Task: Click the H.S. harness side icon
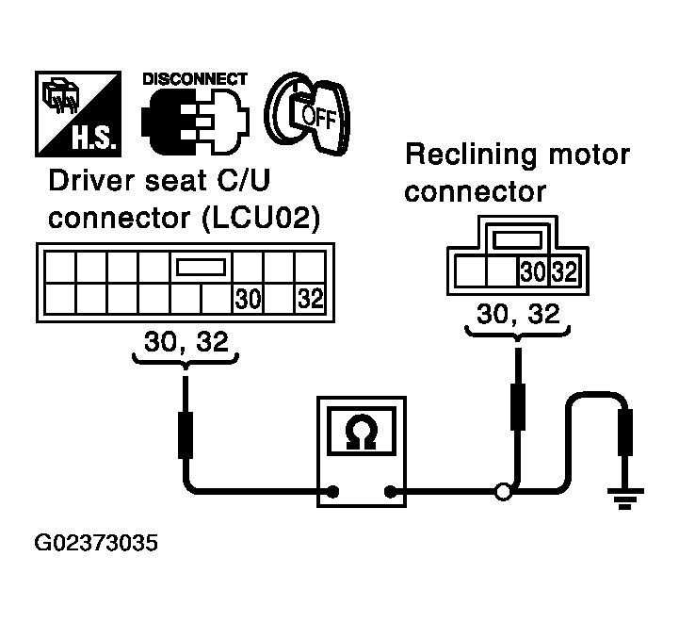tap(78, 114)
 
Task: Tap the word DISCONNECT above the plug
tap(195, 79)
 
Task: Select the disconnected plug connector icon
tap(195, 122)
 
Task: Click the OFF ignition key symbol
tap(307, 114)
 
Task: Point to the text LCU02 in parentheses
tap(261, 218)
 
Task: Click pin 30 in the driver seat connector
tap(248, 299)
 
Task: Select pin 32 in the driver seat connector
tap(311, 298)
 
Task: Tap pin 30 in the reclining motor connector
tap(533, 271)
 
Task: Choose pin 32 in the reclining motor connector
tap(565, 271)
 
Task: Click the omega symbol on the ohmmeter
tap(361, 433)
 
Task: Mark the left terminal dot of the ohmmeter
tap(332, 492)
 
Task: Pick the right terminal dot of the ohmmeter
tap(391, 492)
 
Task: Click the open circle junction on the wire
tap(503, 492)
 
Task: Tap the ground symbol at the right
tap(625, 499)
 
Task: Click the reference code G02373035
tap(96, 543)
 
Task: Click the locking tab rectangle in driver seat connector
tap(201, 267)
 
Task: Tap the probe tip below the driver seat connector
tap(186, 434)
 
